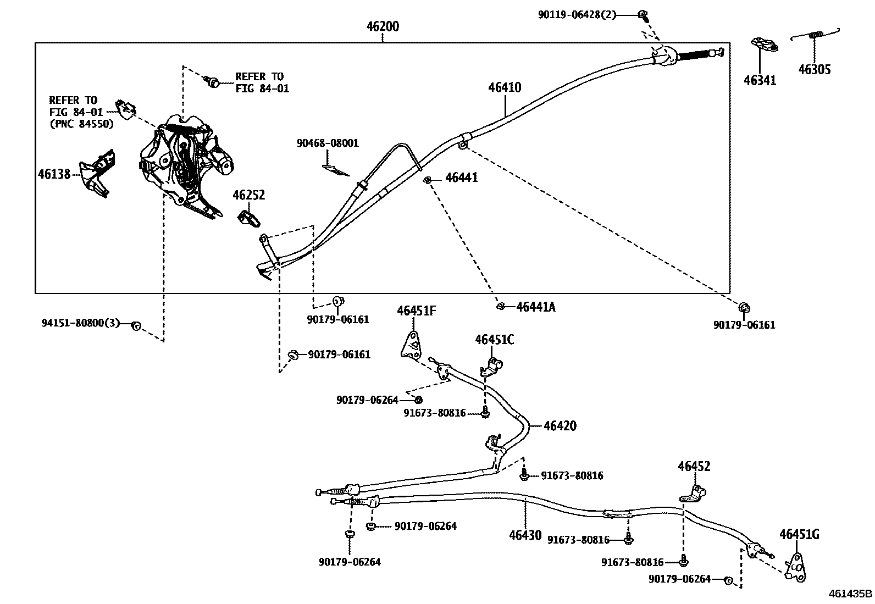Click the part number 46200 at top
[x=383, y=26]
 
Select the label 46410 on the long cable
[x=505, y=87]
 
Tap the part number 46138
[x=54, y=174]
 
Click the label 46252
[x=248, y=195]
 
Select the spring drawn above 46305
[x=816, y=36]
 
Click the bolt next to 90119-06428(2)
[x=641, y=15]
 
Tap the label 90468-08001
[x=328, y=143]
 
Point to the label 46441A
[x=535, y=307]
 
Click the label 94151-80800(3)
[x=80, y=323]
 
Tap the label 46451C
[x=494, y=340]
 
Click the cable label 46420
[x=560, y=425]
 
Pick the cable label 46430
[x=525, y=535]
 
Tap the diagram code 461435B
[x=850, y=594]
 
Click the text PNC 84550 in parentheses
[x=81, y=124]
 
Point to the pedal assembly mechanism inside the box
[x=184, y=162]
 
